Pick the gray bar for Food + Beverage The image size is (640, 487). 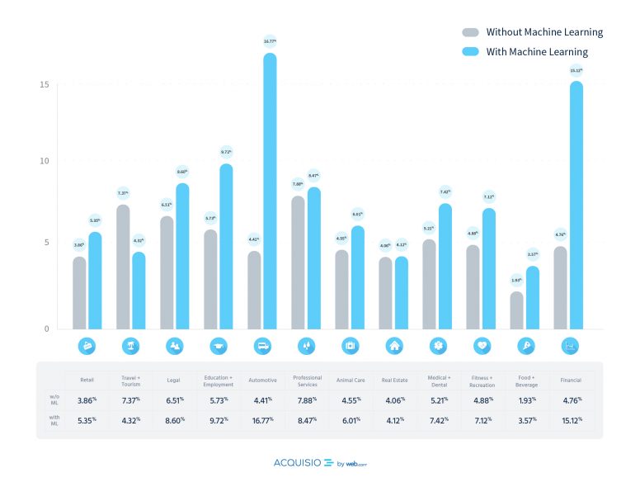point(516,310)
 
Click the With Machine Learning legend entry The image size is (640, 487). point(537,51)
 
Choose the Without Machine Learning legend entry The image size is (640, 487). point(544,32)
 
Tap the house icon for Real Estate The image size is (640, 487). point(393,346)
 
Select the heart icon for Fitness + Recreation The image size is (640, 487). point(481,346)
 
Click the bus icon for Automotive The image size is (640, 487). point(262,346)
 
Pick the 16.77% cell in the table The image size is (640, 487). point(262,420)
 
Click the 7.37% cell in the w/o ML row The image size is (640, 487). point(130,400)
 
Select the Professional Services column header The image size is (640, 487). point(308,381)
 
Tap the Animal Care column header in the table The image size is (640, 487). point(351,381)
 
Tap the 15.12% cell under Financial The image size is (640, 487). point(571,420)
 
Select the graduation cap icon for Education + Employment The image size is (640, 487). point(219,346)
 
